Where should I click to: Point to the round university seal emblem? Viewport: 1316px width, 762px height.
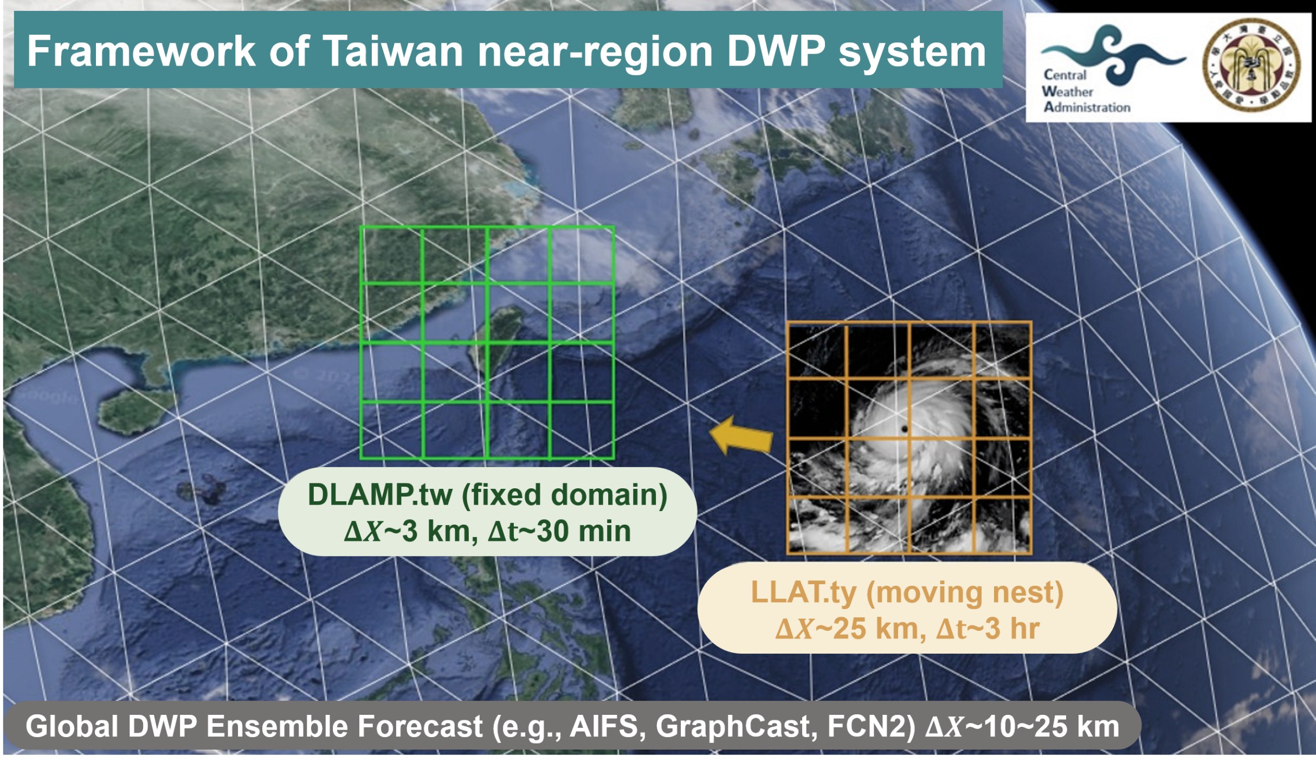[1251, 67]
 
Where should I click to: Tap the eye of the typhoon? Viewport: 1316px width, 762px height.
[905, 429]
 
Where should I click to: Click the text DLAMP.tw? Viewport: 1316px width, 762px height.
[379, 495]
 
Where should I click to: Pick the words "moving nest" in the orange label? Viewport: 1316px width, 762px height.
[965, 592]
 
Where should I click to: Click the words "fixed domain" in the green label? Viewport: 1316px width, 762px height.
[564, 495]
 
